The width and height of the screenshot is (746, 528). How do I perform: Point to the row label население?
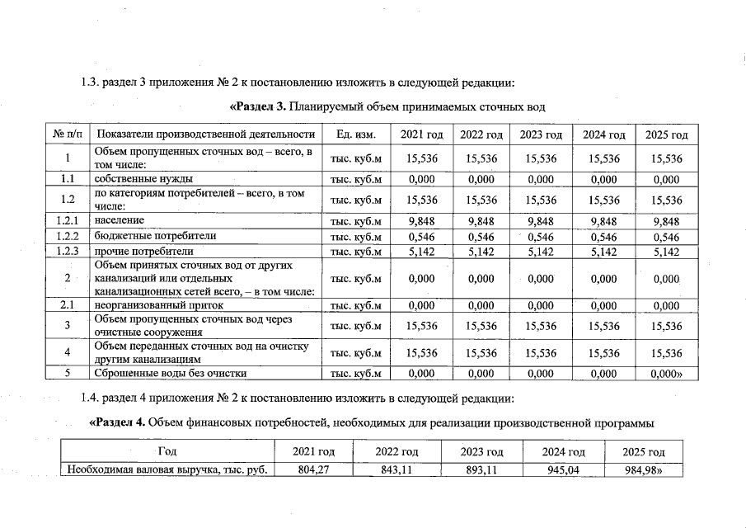click(x=120, y=220)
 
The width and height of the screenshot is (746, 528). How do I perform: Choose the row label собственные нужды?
click(x=143, y=178)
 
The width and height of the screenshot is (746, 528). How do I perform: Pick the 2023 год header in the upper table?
click(x=541, y=134)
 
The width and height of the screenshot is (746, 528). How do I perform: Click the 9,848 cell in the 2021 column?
click(x=421, y=220)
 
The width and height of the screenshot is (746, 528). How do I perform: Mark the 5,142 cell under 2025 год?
click(x=665, y=251)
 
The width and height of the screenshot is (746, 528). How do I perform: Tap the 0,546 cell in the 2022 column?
click(x=481, y=236)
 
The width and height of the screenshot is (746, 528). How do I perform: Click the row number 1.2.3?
click(x=67, y=251)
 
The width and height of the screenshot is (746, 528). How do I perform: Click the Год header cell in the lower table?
click(x=167, y=453)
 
